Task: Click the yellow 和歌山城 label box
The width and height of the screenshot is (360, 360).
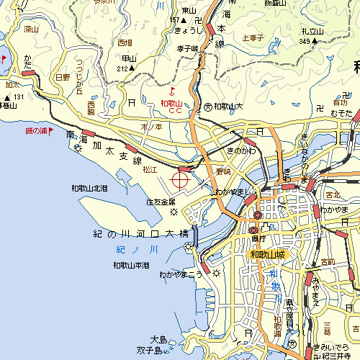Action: point(269,255)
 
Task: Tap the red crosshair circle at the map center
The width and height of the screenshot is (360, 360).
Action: point(180,177)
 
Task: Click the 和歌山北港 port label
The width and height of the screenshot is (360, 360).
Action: point(89,189)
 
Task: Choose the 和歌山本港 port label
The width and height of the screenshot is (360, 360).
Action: point(131,266)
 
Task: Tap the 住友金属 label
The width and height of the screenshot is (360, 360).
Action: point(161,202)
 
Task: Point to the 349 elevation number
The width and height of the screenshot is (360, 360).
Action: point(306,42)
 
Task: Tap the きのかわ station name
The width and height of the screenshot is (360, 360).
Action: point(240,152)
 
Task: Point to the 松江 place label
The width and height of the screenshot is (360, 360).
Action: point(149,170)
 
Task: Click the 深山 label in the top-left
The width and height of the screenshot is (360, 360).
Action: point(30,30)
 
